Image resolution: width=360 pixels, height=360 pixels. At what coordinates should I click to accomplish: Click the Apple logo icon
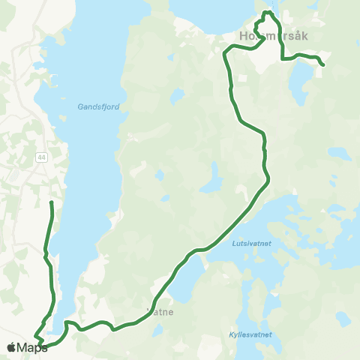point(11,348)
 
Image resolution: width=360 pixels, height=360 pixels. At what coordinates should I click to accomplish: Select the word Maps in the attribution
point(32,348)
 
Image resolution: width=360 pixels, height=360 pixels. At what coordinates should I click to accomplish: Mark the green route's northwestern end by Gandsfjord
point(51,202)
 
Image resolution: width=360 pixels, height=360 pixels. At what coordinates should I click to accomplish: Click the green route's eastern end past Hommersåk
point(322,66)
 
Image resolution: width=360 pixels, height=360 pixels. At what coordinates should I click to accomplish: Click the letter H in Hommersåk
point(241,36)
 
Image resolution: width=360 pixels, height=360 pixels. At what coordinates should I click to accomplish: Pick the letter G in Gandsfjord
point(80,106)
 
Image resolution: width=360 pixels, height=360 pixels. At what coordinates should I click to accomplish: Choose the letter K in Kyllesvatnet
point(231,334)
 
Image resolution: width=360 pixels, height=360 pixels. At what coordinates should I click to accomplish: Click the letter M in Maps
point(22,348)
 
